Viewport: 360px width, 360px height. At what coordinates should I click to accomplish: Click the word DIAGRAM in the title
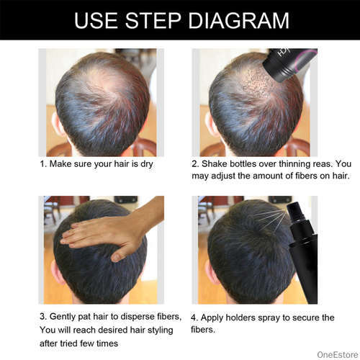239,20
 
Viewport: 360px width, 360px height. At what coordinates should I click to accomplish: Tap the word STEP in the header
153,20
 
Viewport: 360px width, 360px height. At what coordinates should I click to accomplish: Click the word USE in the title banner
96,20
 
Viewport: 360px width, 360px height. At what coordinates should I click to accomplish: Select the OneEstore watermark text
338,354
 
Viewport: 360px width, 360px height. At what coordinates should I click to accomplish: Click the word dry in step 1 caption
147,164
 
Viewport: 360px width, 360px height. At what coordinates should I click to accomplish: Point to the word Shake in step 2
215,163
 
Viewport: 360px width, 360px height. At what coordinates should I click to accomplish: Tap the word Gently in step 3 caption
63,317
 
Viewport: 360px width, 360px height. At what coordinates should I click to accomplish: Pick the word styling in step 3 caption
161,330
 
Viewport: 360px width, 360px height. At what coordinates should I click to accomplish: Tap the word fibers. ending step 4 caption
203,330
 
